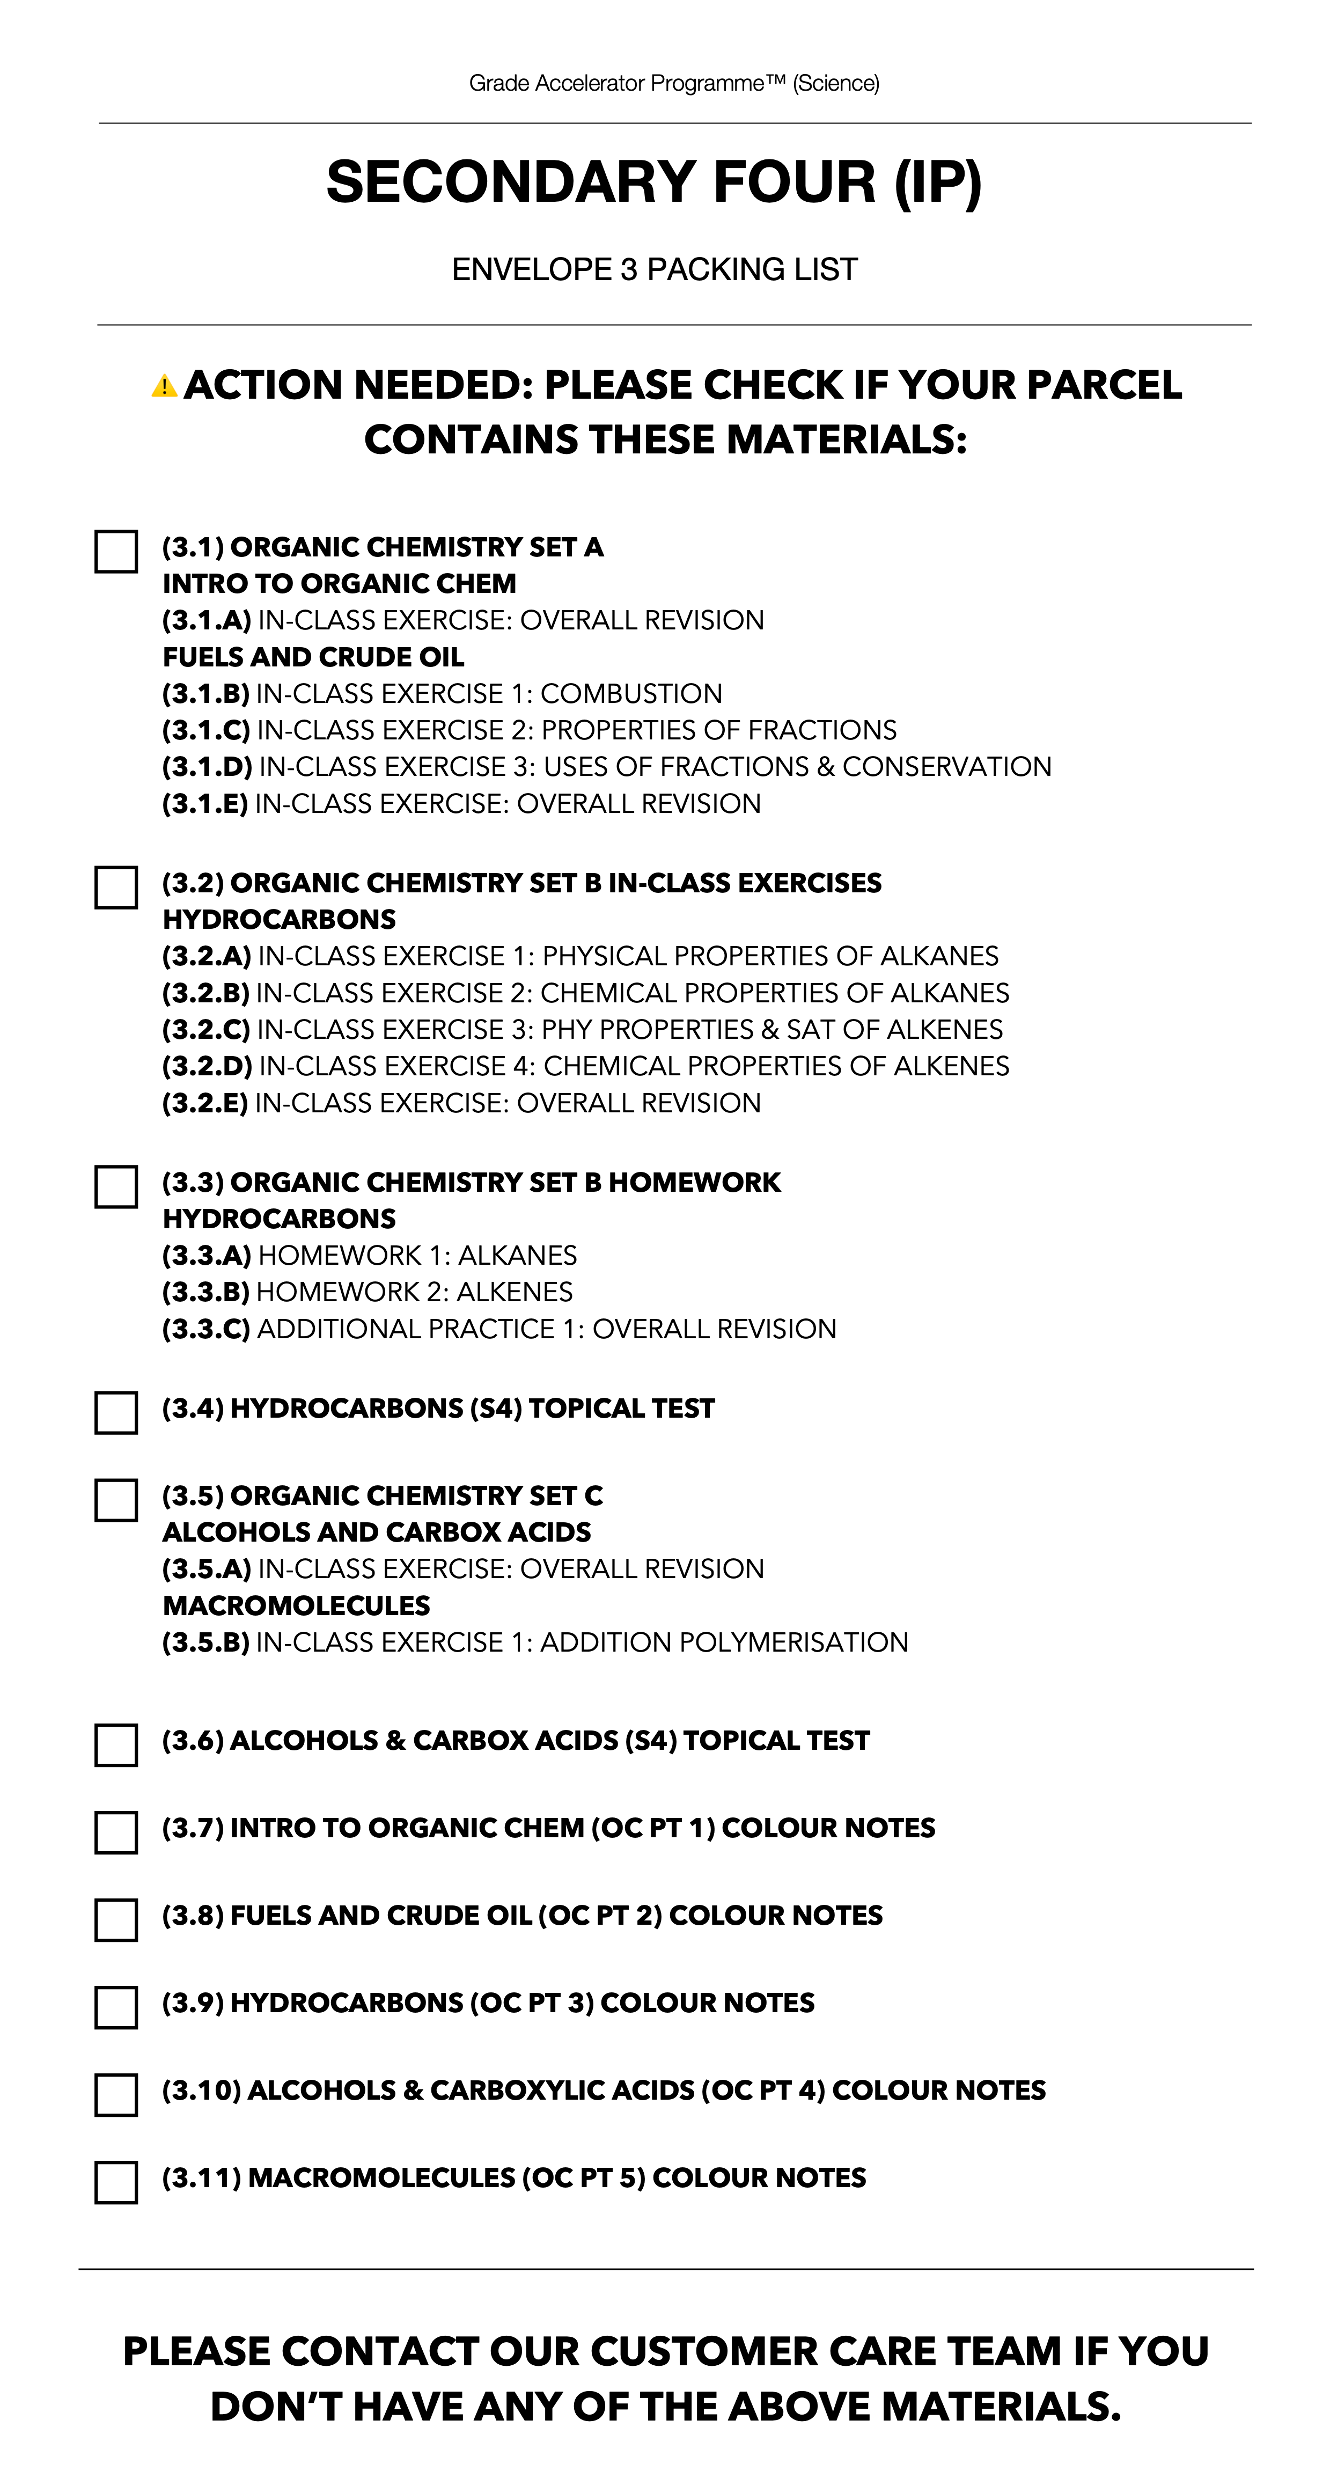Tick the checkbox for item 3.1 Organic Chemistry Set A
point(116,552)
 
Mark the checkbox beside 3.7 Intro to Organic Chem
point(116,1832)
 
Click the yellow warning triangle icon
point(164,387)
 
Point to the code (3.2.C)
point(205,1030)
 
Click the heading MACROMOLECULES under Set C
point(296,1606)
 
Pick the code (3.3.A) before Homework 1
point(205,1256)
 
